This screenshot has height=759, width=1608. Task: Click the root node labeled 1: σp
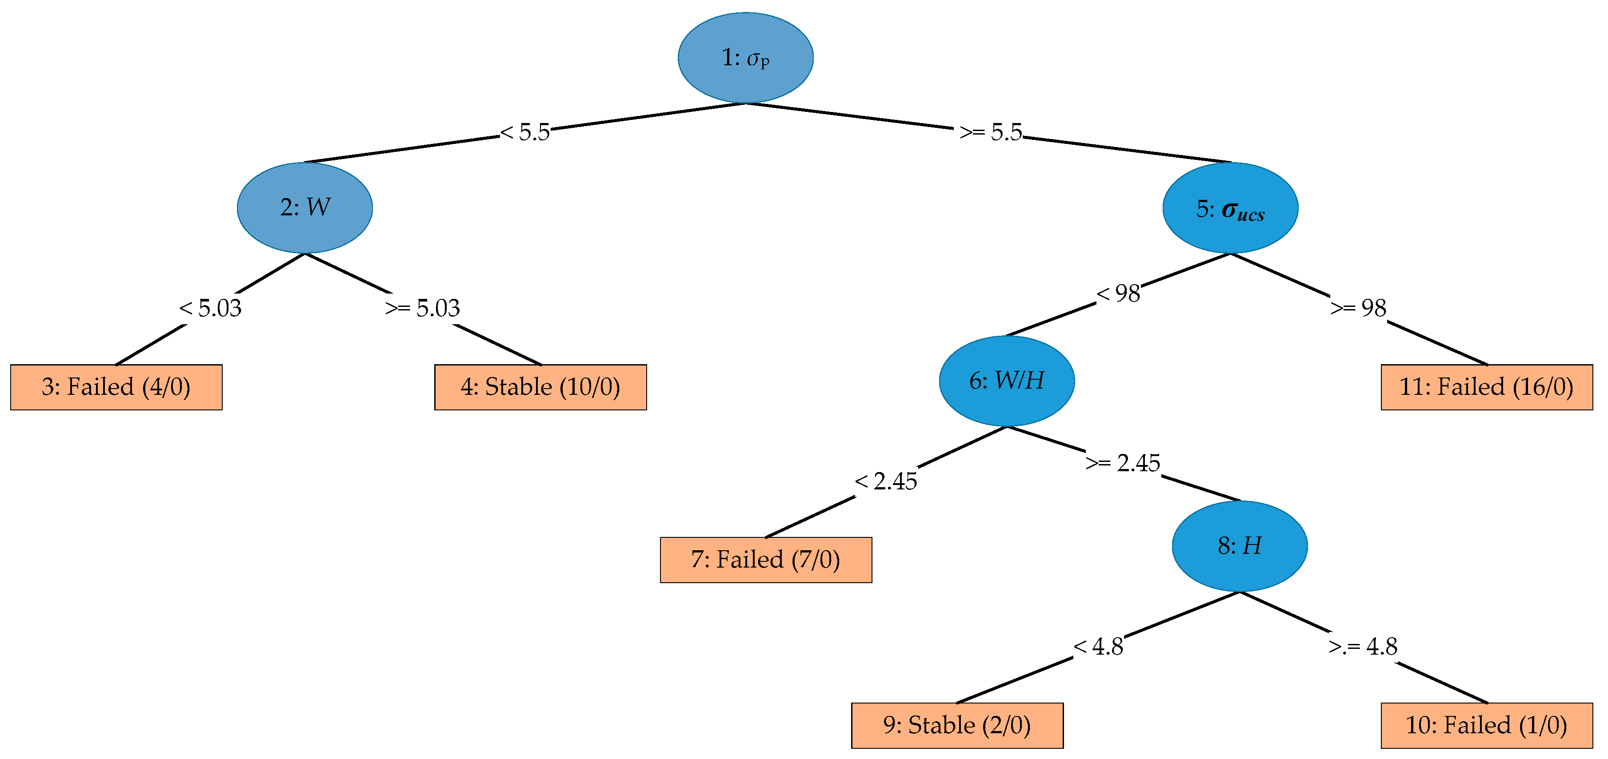click(x=745, y=57)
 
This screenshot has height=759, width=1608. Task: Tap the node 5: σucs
click(x=1230, y=208)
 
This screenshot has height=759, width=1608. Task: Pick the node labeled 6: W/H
click(x=1007, y=381)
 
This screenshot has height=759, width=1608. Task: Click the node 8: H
click(x=1240, y=546)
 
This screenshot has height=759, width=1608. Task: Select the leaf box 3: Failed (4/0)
click(x=116, y=387)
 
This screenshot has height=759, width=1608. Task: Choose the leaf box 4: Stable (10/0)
click(x=540, y=387)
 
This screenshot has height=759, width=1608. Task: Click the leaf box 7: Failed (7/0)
click(x=766, y=560)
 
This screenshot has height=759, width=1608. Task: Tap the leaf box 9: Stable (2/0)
click(x=957, y=725)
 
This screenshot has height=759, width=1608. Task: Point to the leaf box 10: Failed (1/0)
click(x=1486, y=725)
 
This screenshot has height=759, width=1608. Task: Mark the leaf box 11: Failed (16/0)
click(x=1486, y=387)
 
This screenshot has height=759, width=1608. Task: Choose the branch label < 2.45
click(x=886, y=481)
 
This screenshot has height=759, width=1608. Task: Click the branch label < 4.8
click(x=1098, y=647)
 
